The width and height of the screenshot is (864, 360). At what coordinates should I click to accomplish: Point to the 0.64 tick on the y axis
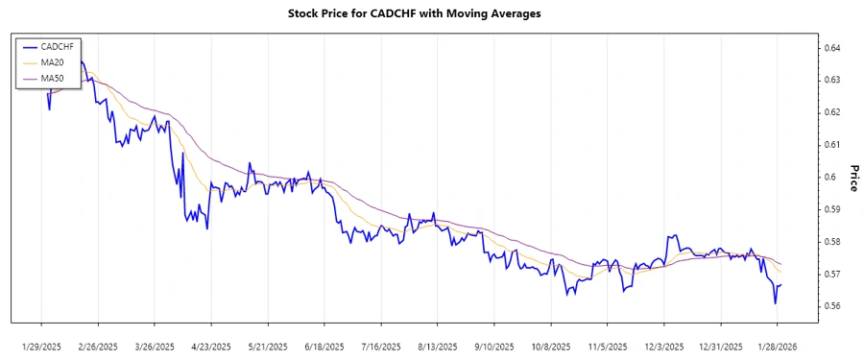tap(833, 47)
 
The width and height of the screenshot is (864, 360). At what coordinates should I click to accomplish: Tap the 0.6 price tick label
tap(829, 177)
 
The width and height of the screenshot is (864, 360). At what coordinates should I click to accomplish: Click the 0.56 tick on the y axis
tap(833, 306)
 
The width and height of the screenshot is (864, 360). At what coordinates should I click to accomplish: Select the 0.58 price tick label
tap(833, 242)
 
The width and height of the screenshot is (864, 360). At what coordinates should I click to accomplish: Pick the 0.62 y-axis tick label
tap(833, 112)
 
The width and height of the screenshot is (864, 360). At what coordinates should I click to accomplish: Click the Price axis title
tap(851, 177)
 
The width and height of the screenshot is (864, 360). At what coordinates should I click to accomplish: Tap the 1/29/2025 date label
tap(41, 347)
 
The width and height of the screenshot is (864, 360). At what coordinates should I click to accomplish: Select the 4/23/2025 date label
tap(211, 347)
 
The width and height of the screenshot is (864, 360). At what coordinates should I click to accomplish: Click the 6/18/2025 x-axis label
tap(324, 347)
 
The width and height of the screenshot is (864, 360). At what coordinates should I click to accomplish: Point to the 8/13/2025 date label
tap(438, 347)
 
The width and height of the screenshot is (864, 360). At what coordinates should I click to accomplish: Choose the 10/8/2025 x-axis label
tap(551, 347)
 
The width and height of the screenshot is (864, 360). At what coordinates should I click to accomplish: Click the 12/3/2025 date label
tap(664, 347)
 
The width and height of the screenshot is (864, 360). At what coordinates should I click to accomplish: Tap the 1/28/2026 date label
tap(778, 347)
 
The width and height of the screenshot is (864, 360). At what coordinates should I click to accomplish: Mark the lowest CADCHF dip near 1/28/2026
tap(775, 303)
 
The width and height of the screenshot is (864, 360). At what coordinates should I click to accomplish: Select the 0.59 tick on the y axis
tap(833, 209)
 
